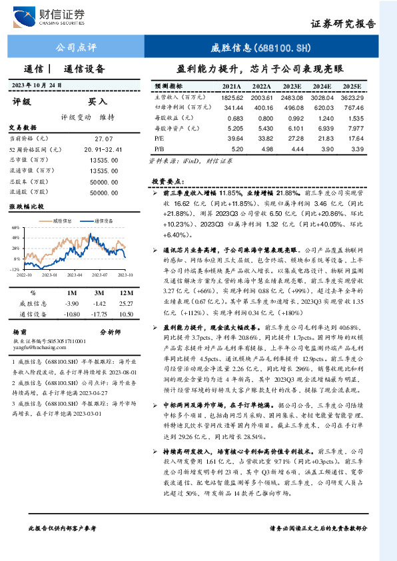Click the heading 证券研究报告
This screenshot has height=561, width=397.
pyautogui.click(x=343, y=24)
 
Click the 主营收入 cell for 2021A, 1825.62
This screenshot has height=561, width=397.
pyautogui.click(x=232, y=97)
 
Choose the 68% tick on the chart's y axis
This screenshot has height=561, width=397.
pyautogui.click(x=15, y=227)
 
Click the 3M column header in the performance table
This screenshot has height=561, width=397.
pyautogui.click(x=99, y=292)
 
